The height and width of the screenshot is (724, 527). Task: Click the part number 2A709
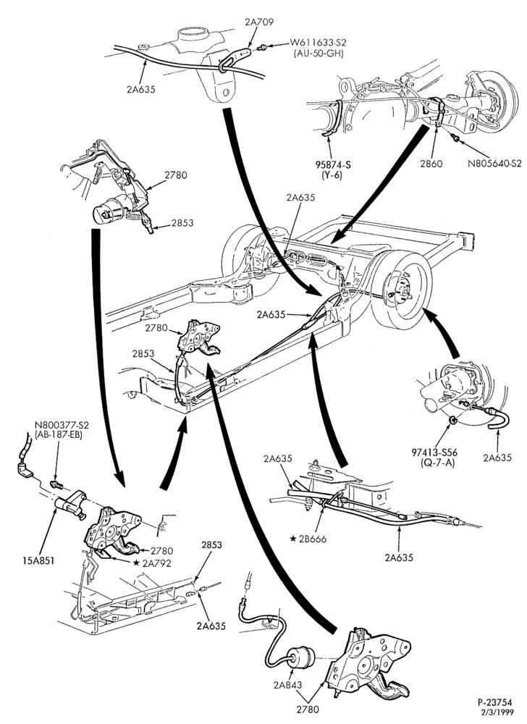click(x=259, y=21)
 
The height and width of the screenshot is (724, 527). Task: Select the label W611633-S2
click(x=318, y=43)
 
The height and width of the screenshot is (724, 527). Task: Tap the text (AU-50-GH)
click(x=318, y=53)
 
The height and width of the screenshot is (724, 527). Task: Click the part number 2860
click(x=432, y=164)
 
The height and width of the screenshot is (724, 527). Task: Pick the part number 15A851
click(x=38, y=561)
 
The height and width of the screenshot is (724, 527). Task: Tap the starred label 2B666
click(x=308, y=539)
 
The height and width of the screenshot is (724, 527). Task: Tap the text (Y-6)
click(x=332, y=175)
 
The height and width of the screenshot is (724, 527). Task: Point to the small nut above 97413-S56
click(x=453, y=420)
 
